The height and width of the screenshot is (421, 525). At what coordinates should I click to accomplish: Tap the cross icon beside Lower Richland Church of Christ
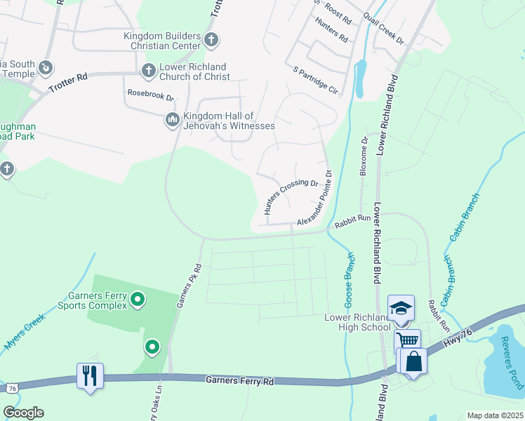[148, 70]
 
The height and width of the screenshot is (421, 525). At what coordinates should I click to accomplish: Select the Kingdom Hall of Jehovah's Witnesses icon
[173, 121]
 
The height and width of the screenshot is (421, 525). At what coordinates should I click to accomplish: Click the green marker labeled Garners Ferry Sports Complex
[138, 300]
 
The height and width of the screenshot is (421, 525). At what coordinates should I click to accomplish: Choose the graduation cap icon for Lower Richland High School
[401, 308]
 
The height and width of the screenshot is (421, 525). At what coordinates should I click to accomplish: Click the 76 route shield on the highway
[12, 388]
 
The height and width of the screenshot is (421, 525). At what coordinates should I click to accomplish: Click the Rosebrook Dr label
[149, 93]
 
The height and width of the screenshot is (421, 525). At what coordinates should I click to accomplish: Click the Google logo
[23, 413]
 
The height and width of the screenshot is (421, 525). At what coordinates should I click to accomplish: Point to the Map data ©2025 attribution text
[494, 415]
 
